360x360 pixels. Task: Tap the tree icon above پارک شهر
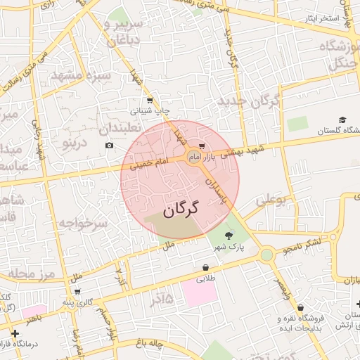[228, 236]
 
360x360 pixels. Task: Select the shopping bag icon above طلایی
[205, 268]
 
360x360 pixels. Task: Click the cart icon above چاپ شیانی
[150, 101]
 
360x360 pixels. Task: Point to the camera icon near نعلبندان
[109, 146]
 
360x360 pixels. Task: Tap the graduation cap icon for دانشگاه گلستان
[342, 120]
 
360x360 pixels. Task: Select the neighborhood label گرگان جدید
[249, 103]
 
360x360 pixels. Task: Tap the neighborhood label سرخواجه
[83, 224]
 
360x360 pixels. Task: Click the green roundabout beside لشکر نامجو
[266, 255]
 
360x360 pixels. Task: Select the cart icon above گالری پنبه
[77, 292]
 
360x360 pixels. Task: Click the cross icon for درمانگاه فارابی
[15, 333]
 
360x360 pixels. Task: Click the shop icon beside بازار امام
[202, 147]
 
